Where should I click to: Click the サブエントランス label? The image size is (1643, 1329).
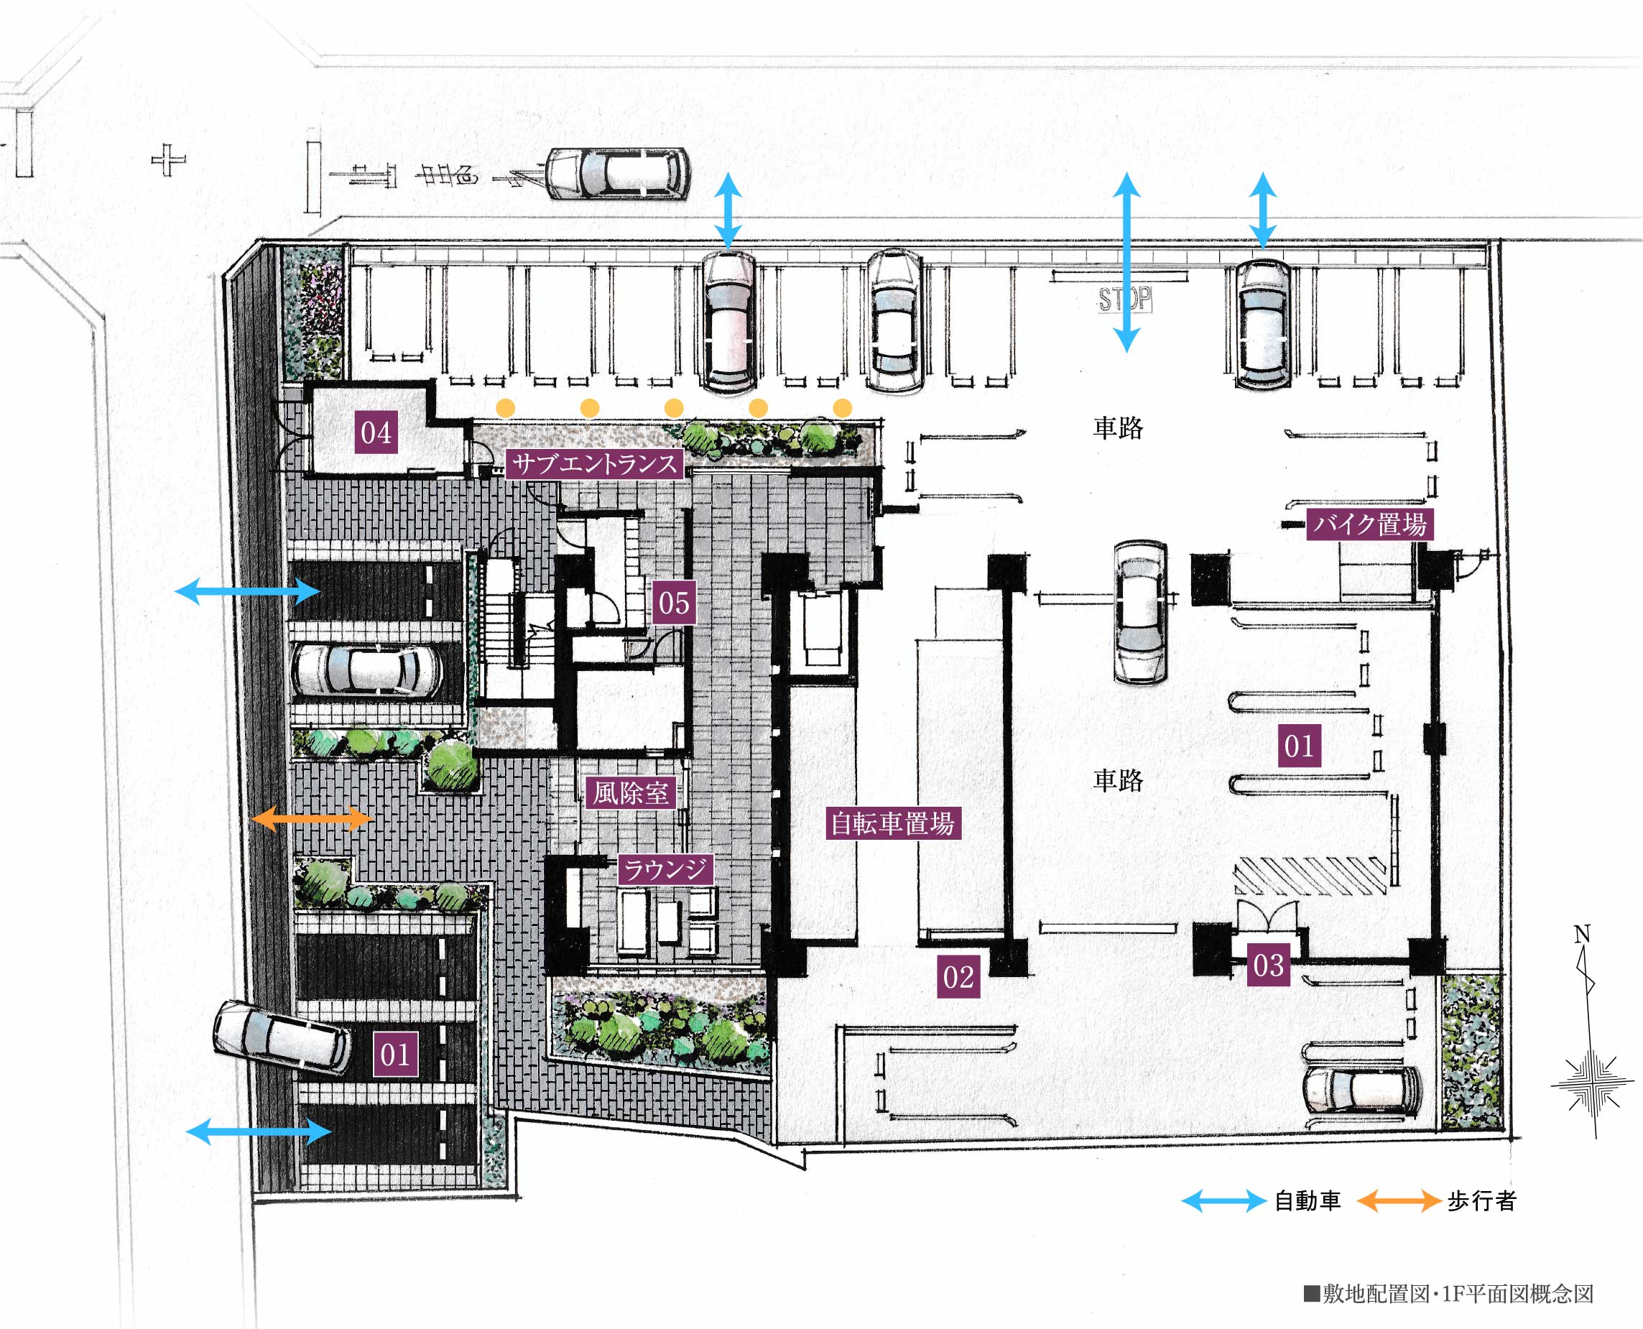(x=594, y=463)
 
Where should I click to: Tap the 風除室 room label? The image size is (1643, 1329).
(x=631, y=793)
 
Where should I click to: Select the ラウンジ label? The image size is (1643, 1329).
(x=665, y=869)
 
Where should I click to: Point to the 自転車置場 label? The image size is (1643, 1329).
(x=893, y=824)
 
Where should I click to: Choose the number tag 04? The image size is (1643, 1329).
(x=376, y=432)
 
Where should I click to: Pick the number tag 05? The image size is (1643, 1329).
(x=674, y=603)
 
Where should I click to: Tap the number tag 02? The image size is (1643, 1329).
(x=958, y=977)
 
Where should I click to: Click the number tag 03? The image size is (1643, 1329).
(x=1269, y=966)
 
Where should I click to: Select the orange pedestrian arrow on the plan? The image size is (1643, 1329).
(x=313, y=818)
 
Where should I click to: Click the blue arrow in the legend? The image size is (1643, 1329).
(x=1223, y=1200)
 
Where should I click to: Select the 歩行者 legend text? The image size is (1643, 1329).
(x=1481, y=1200)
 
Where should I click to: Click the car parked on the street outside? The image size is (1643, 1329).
(x=617, y=173)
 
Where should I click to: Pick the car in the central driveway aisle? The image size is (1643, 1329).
(x=1140, y=611)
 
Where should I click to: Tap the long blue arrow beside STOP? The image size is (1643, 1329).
(x=1126, y=261)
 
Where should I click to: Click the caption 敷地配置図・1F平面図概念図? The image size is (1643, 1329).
(x=1448, y=1294)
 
